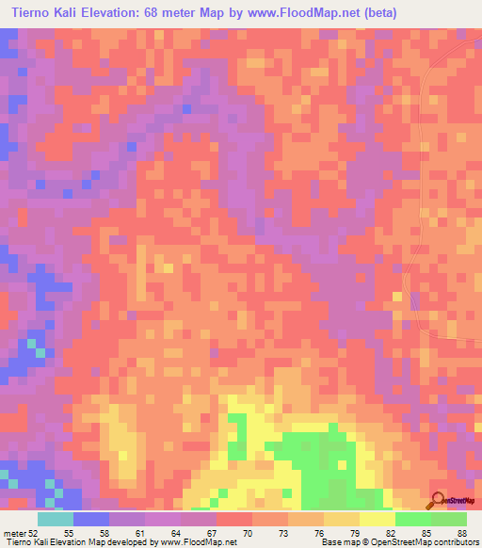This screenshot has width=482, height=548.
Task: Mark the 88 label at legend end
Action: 461,532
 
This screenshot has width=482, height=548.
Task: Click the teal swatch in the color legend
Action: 56,519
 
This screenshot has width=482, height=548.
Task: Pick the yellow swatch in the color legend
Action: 378,519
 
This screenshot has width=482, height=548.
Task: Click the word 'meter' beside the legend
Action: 16,532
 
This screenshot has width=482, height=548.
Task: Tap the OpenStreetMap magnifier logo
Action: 439,500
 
